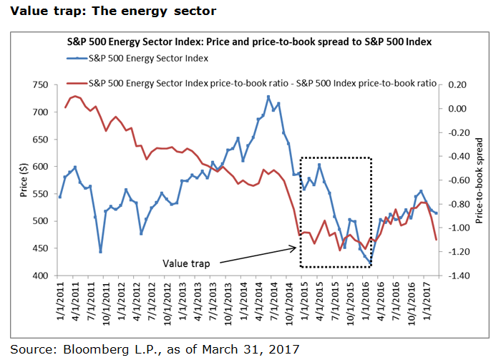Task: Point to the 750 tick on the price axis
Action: [x=39, y=85]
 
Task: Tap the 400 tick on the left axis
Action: [x=39, y=276]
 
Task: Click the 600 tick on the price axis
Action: [x=39, y=167]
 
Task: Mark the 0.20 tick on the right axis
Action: [x=456, y=85]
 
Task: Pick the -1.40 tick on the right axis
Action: [x=454, y=276]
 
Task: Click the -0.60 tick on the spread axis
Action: [x=454, y=180]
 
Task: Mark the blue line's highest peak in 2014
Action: [x=268, y=97]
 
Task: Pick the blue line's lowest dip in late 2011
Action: [x=100, y=252]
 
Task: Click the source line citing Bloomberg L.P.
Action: [x=154, y=349]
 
